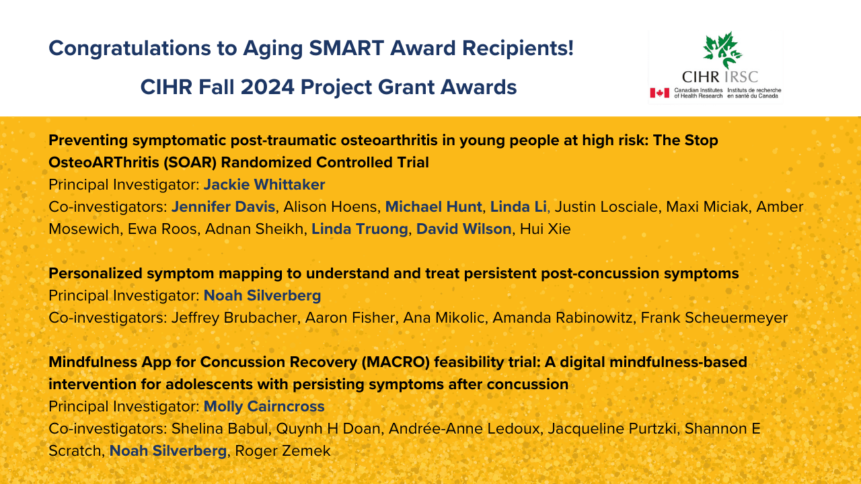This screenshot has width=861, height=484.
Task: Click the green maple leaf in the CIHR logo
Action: click(x=722, y=50)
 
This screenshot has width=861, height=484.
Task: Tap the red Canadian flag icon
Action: click(x=660, y=93)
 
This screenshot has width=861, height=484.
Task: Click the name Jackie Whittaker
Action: click(x=264, y=185)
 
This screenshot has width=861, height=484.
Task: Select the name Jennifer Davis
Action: click(x=223, y=206)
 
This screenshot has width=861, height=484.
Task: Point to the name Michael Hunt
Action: click(x=434, y=206)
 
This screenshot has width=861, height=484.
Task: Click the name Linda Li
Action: click(x=518, y=206)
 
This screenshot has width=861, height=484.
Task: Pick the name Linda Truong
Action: click(x=359, y=229)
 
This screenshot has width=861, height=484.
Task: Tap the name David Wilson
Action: click(x=463, y=229)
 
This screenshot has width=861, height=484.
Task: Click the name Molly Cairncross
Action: click(x=264, y=407)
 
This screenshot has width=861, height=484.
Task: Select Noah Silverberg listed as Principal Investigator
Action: click(x=262, y=296)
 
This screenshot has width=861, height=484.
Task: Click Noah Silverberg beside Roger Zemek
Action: click(x=168, y=451)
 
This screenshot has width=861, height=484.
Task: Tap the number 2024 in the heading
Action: click(x=268, y=87)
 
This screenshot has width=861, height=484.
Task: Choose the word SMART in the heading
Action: click(x=346, y=48)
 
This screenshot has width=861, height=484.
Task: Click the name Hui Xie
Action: click(x=545, y=229)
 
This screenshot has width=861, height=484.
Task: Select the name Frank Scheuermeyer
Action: click(x=714, y=318)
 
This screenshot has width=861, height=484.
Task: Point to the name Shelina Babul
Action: click(x=219, y=429)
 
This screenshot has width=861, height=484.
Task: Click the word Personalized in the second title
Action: click(x=96, y=274)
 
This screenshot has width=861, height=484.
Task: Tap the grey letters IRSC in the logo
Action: click(x=741, y=77)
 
